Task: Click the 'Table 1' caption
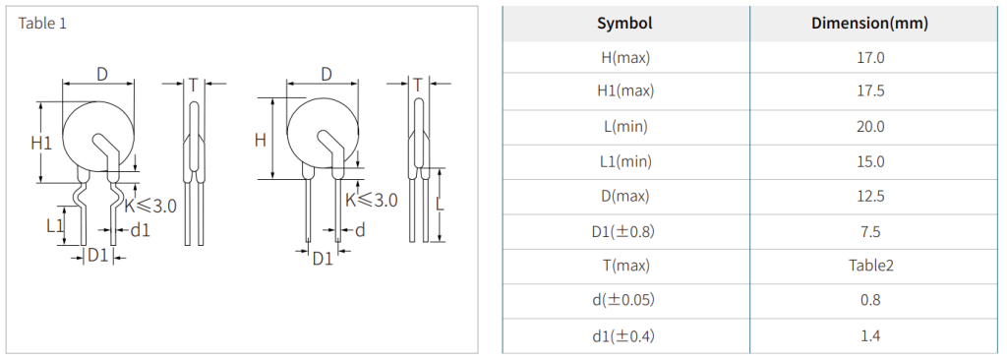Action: coord(42,24)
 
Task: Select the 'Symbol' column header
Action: coord(624,24)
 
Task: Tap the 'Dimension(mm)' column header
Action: coord(869,24)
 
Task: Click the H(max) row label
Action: coord(624,58)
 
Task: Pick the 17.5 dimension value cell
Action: coord(869,91)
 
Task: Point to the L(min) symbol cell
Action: coord(624,127)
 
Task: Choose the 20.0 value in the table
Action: coord(869,127)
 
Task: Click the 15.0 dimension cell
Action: coord(869,161)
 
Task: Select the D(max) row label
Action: coord(624,196)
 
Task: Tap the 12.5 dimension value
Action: coord(869,196)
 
